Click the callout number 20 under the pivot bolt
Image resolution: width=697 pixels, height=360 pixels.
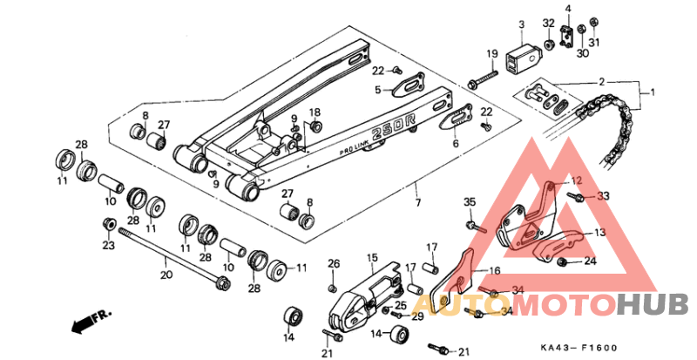[166, 275]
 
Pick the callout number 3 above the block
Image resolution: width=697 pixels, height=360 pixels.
[521, 24]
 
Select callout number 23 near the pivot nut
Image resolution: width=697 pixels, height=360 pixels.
[107, 247]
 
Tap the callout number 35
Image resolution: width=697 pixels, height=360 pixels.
[470, 203]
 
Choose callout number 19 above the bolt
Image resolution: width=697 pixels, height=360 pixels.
[491, 54]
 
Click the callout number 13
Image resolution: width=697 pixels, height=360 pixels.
[599, 233]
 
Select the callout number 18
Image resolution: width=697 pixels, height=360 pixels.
[315, 113]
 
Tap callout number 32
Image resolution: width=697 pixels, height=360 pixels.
[548, 23]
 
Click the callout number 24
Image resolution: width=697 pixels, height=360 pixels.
[590, 261]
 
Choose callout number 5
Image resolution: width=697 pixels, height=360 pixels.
[378, 89]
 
